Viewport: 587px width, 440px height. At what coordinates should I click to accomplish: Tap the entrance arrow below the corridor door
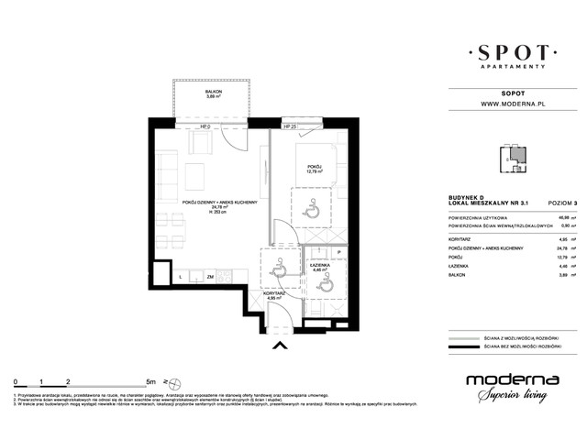pos(280,346)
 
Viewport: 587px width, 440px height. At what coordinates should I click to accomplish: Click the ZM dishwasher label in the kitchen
pos(210,276)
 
